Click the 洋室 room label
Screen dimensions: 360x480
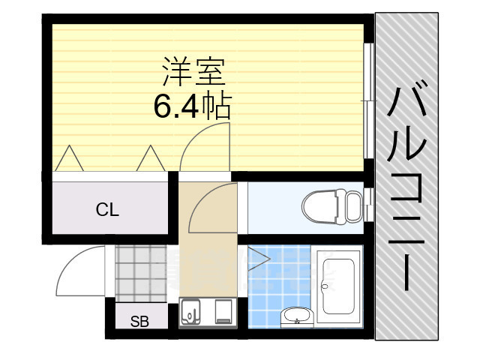pos(193,73)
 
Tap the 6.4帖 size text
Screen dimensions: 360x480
pos(192,107)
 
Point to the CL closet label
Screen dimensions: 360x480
pos(107,210)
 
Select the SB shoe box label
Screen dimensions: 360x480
pos(139,322)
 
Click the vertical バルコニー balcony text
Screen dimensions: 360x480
pos(406,187)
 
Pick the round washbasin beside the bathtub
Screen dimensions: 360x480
pos(295,313)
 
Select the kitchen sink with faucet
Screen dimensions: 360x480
pos(192,311)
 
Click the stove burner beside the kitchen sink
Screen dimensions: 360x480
pos(222,311)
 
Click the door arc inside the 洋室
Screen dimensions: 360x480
pos(205,146)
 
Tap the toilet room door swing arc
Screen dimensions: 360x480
pos(212,207)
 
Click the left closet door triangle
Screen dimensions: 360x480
pos(70,158)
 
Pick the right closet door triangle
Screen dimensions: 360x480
pos(150,158)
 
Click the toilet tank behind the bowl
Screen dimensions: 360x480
pos(352,204)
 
